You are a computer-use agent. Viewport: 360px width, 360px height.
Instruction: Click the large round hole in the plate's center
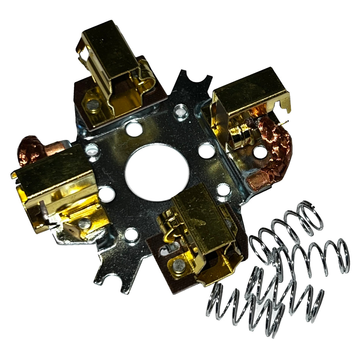[x=157, y=172]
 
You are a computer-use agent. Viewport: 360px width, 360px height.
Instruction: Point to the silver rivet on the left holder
[x=85, y=224]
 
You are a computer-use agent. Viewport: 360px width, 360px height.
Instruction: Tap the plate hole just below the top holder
[x=134, y=129]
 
